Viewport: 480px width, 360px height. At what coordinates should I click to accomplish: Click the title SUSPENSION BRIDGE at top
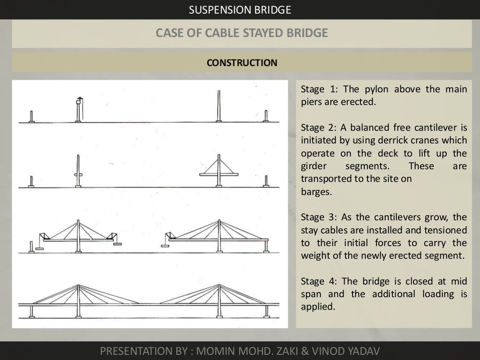coord(240,9)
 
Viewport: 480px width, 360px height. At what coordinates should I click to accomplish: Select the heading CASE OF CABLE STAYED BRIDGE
coord(241,33)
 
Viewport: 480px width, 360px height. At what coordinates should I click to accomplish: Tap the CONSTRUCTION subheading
coord(242,62)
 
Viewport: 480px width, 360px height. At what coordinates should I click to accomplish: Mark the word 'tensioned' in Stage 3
coord(445,230)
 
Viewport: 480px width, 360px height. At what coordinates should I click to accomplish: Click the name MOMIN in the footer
coord(214,351)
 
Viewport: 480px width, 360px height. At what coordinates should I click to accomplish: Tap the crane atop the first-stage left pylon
coord(79,100)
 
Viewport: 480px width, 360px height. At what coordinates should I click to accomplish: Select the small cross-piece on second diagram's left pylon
coord(78,174)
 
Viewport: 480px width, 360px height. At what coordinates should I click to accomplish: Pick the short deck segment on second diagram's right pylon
coord(218,174)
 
